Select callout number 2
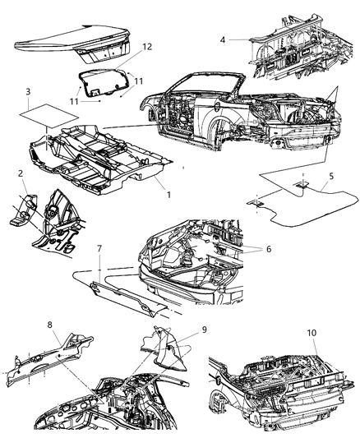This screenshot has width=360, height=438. pos(20,173)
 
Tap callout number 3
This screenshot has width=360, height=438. pos(28,91)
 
